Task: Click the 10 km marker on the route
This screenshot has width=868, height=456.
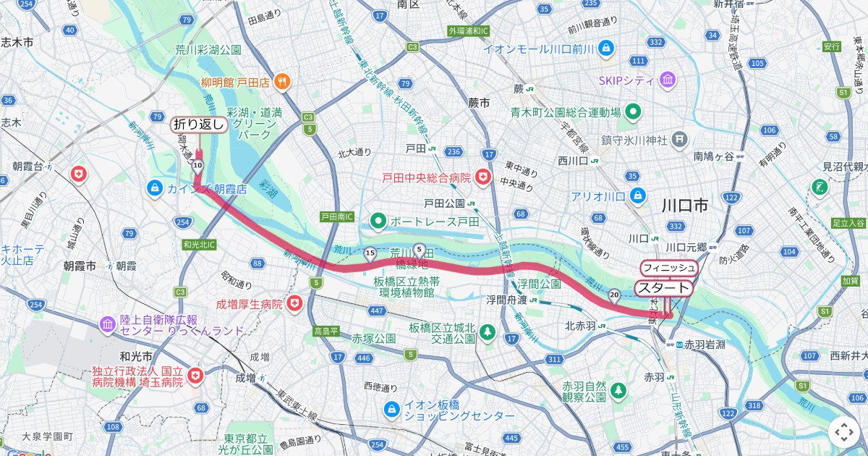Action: tap(197, 166)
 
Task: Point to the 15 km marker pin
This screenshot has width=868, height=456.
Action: tap(370, 253)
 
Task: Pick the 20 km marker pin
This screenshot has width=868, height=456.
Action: tap(614, 295)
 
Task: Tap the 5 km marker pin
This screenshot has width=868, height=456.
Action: tap(419, 249)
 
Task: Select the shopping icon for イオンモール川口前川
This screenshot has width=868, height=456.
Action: tap(606, 48)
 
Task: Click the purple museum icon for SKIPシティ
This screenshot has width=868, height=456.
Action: tap(667, 79)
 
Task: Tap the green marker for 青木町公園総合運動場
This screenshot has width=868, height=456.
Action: tap(634, 111)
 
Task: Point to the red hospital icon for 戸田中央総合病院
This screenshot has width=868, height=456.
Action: tap(482, 177)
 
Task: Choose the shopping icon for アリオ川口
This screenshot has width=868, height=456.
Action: tap(638, 195)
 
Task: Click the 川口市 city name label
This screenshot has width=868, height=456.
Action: tap(684, 206)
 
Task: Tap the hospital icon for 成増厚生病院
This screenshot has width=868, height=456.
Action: tap(294, 305)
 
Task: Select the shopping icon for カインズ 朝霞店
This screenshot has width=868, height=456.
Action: tap(153, 188)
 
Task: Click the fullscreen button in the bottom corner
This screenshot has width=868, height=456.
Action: tap(843, 432)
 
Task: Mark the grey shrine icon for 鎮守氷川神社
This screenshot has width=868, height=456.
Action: tap(680, 138)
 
